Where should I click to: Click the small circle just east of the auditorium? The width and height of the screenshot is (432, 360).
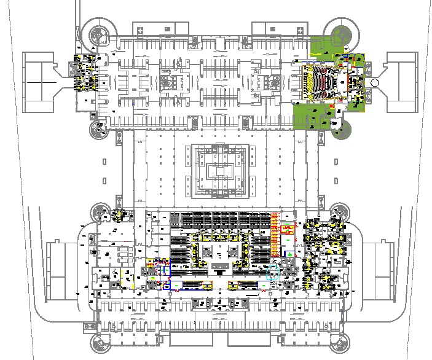click(375, 83)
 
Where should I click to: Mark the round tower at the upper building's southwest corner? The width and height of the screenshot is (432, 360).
click(97, 128)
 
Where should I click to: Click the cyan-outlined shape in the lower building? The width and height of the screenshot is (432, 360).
click(272, 271)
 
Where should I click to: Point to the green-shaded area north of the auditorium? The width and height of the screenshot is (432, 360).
click(320, 49)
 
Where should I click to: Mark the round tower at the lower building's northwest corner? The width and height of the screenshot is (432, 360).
click(101, 213)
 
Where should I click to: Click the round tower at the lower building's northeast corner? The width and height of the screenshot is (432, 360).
click(339, 213)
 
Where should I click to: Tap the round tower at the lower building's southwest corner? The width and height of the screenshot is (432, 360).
click(101, 342)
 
